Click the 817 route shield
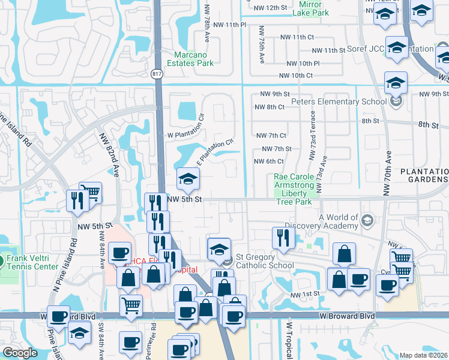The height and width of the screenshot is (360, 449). click(157, 73)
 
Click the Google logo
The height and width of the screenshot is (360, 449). click(20, 353)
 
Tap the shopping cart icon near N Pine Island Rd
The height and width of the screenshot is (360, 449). click(90, 192)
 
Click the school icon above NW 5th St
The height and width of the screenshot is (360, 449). click(188, 178)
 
